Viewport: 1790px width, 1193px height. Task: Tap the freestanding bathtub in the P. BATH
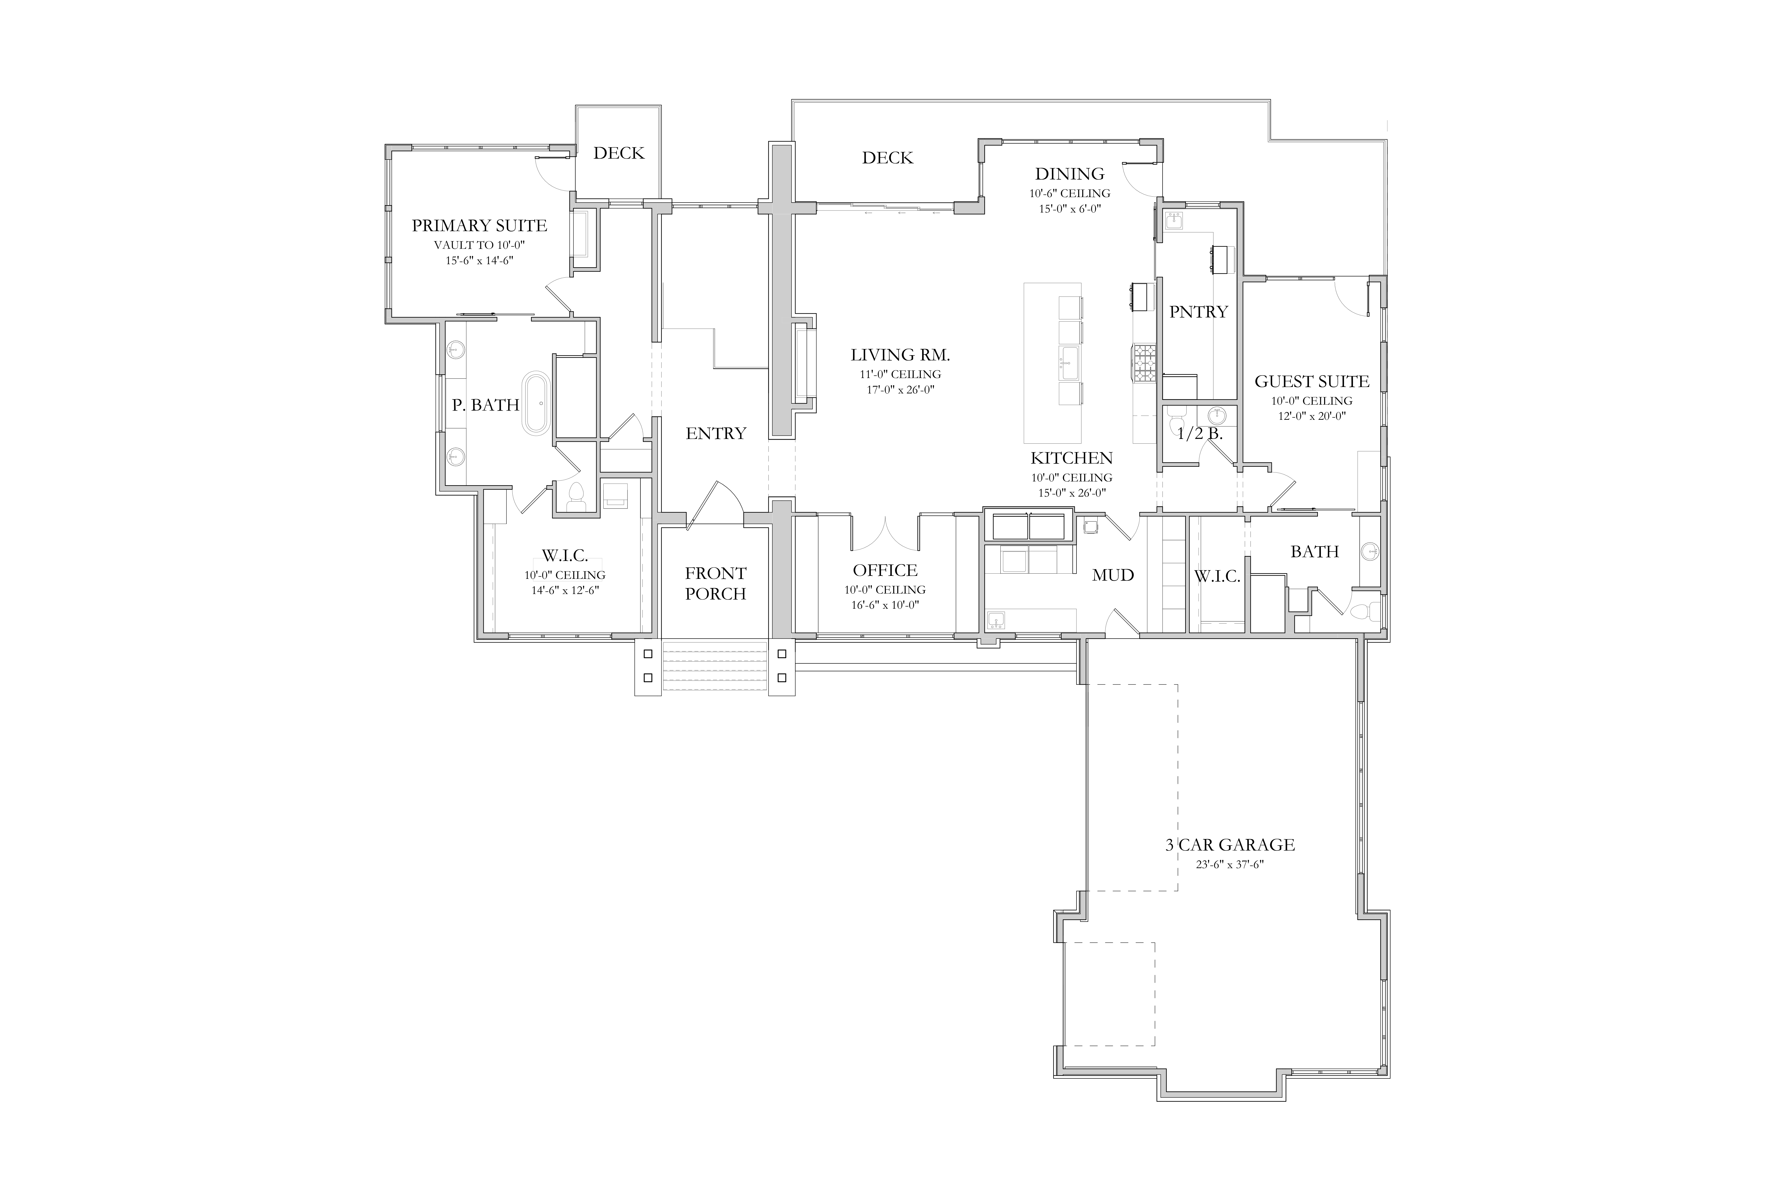pyautogui.click(x=537, y=403)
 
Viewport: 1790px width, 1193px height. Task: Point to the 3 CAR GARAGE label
pyautogui.click(x=1230, y=845)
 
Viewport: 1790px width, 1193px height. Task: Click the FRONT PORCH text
pyautogui.click(x=716, y=584)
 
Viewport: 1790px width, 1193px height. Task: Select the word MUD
pyautogui.click(x=1114, y=575)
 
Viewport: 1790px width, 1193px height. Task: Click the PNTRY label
pyautogui.click(x=1199, y=312)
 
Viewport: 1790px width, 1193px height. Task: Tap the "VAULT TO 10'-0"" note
pyautogui.click(x=480, y=245)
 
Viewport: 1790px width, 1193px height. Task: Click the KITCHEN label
pyautogui.click(x=1072, y=458)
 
